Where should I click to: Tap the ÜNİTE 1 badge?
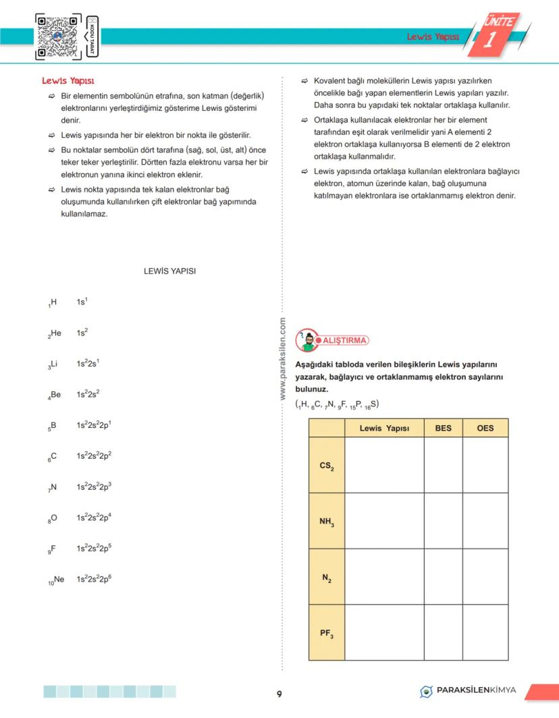coord(499,34)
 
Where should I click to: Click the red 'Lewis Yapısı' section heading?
coord(68,81)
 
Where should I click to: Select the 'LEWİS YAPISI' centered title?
coord(169,271)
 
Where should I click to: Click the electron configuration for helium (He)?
coord(82,333)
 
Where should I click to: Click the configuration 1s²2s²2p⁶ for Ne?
coord(93,579)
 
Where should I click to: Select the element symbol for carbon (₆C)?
coord(53,456)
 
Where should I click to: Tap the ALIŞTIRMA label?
coord(345,340)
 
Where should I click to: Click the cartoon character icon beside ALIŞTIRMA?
coord(308,340)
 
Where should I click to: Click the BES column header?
coord(443,428)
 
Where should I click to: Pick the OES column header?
coord(485,428)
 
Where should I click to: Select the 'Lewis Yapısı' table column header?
coord(384,428)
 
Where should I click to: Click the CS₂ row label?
coord(327,466)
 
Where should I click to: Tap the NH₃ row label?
coord(327,521)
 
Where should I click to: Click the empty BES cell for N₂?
coord(443,577)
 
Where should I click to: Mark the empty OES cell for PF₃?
coord(485,633)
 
